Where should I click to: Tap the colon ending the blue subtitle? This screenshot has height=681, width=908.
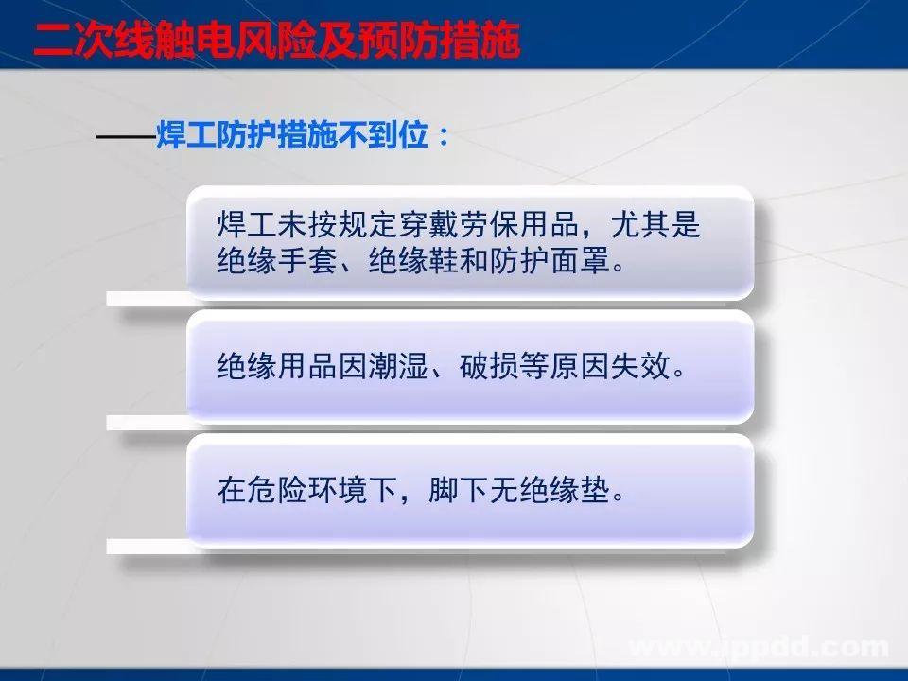pyautogui.click(x=441, y=138)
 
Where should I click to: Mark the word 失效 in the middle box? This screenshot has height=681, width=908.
pyautogui.click(x=647, y=364)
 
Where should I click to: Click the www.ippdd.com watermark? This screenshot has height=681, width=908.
pyautogui.click(x=760, y=648)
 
